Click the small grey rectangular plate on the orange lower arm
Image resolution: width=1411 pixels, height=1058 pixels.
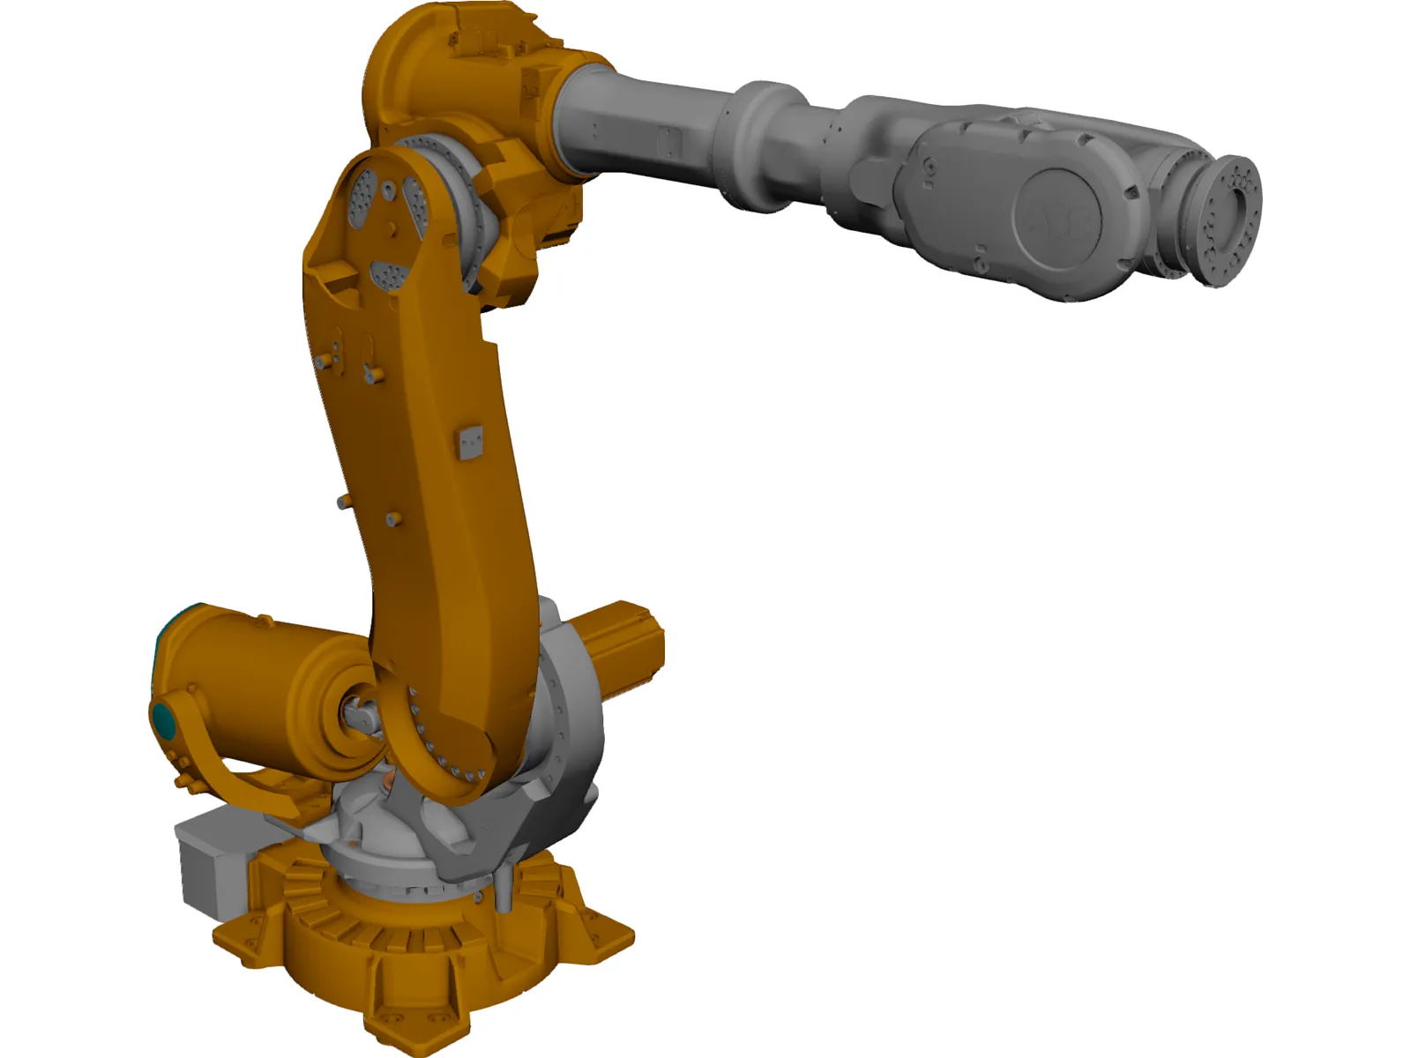(x=472, y=443)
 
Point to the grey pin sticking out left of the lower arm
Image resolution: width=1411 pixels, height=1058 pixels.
(x=343, y=503)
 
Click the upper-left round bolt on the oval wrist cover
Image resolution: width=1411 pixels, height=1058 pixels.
(x=928, y=166)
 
